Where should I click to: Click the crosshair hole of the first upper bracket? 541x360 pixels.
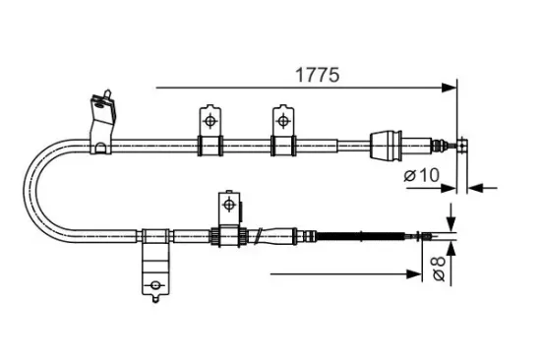click(x=209, y=119)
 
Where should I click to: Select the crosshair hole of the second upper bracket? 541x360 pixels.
click(x=282, y=120)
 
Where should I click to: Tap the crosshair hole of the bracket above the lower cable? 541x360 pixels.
click(x=228, y=205)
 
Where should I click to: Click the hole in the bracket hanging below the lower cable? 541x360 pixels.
click(x=154, y=288)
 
